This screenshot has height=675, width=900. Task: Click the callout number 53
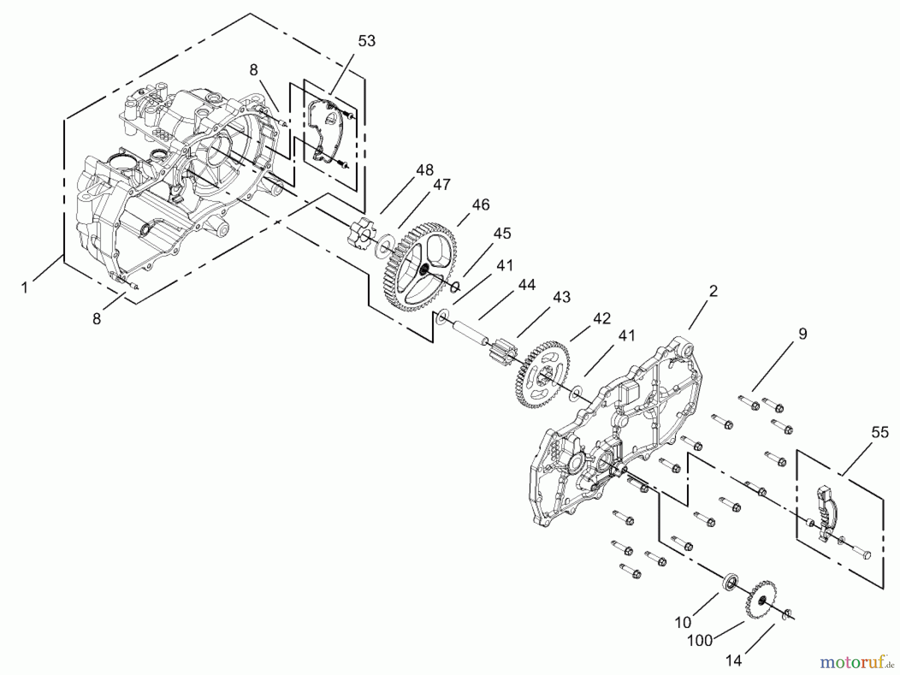[x=366, y=41]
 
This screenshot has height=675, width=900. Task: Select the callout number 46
[x=480, y=204]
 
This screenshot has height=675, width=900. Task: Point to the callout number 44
[x=526, y=285]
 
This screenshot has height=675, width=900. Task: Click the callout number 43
[x=561, y=297]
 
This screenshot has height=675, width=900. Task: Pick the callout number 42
[x=601, y=318]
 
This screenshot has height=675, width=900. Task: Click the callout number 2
[x=713, y=291]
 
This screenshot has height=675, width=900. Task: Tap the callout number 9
[x=802, y=334]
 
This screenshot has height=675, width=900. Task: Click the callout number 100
[x=699, y=640]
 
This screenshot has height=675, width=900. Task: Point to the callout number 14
[x=733, y=660]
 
